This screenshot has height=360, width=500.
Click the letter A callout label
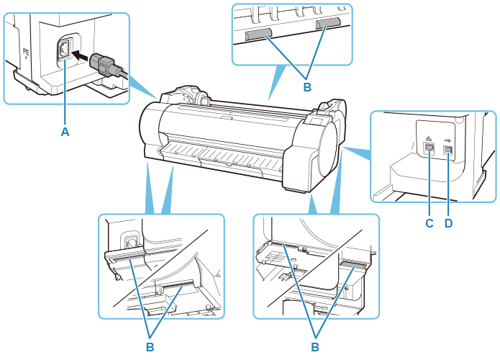(x=65, y=132)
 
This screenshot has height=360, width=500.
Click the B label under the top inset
(x=306, y=87)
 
